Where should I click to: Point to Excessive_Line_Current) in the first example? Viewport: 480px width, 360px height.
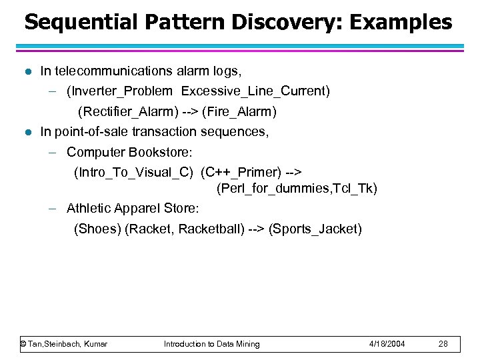255,90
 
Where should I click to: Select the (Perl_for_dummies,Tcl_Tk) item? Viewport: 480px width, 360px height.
297,189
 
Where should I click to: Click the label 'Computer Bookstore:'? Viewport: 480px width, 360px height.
129,152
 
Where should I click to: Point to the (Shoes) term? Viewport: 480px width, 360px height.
97,229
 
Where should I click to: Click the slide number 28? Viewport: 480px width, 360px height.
443,344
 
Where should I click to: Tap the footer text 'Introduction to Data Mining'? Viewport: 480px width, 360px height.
212,344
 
